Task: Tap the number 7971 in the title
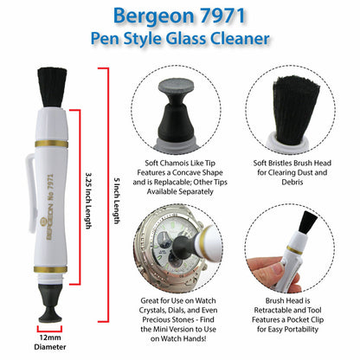click(233, 16)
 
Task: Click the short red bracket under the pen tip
click(49, 327)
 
